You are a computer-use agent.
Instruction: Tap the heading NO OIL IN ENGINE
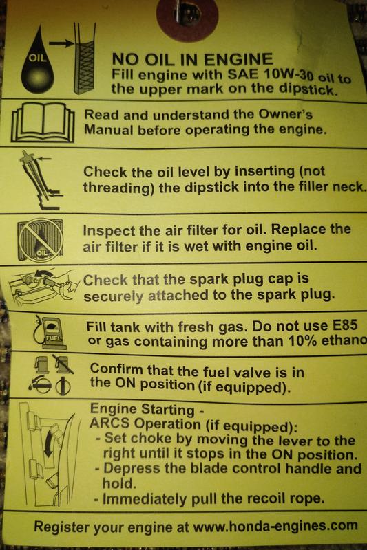pyautogui.click(x=193, y=59)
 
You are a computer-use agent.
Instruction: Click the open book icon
pyautogui.click(x=43, y=122)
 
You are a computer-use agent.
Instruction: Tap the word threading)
pyautogui.click(x=119, y=188)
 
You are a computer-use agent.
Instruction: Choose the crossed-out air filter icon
pyautogui.click(x=41, y=239)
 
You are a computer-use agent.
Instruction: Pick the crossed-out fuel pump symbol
pyautogui.click(x=63, y=364)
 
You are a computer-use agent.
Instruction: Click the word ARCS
pyautogui.click(x=109, y=423)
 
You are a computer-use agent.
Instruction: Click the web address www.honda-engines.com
pyautogui.click(x=275, y=526)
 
